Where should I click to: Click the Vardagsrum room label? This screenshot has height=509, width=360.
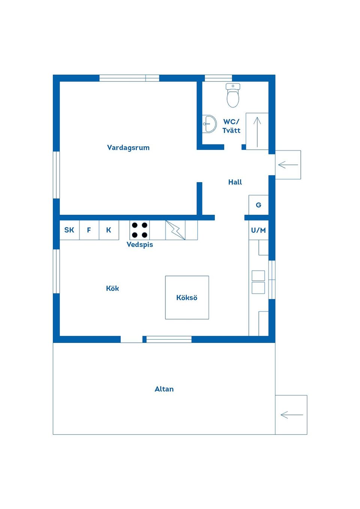coord(128,148)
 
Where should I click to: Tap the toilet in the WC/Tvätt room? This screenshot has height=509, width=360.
coord(233,96)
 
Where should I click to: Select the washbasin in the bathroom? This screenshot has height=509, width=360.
coord(209,124)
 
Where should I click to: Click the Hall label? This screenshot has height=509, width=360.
coord(235,182)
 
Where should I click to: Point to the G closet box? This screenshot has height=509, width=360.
coord(259,205)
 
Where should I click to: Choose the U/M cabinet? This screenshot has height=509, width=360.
coord(259,230)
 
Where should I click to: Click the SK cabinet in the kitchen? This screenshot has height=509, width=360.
coord(69,230)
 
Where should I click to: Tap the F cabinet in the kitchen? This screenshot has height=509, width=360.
coord(89,230)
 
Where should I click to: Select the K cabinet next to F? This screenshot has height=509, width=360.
coord(109,230)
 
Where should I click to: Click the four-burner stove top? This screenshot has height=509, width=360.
coord(139,230)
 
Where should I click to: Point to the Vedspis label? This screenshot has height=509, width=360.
coord(139,245)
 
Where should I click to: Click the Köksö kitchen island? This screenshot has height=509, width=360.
coord(187,298)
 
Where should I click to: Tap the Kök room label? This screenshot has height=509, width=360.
coord(112,288)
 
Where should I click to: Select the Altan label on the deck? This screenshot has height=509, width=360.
coord(164,389)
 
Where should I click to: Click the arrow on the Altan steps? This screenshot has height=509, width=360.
coord(292,415)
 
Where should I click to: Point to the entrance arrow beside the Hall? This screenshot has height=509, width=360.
coord(288,165)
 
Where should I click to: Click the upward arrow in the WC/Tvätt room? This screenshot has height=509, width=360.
coord(257,132)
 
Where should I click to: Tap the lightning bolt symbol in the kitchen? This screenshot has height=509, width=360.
coord(175,230)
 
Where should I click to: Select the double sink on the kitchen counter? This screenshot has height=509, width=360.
coord(258,282)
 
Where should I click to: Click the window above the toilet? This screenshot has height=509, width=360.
coord(218,78)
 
